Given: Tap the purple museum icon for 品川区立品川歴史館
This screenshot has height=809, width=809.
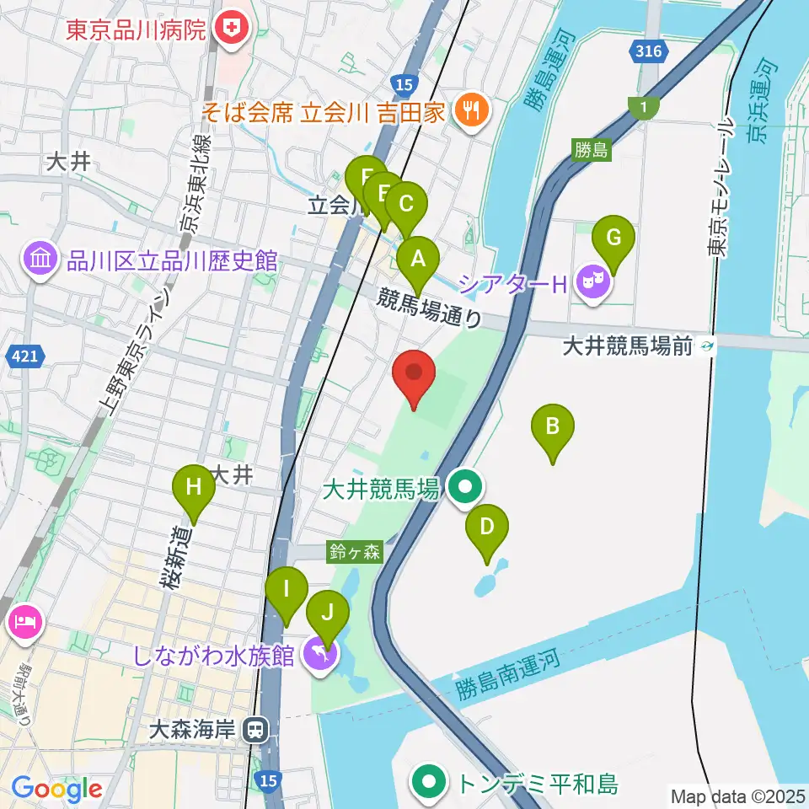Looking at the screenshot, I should (x=40, y=260).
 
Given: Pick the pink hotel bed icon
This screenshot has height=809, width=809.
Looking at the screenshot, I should (x=22, y=623).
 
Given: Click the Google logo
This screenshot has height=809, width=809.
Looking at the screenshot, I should (x=56, y=789).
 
